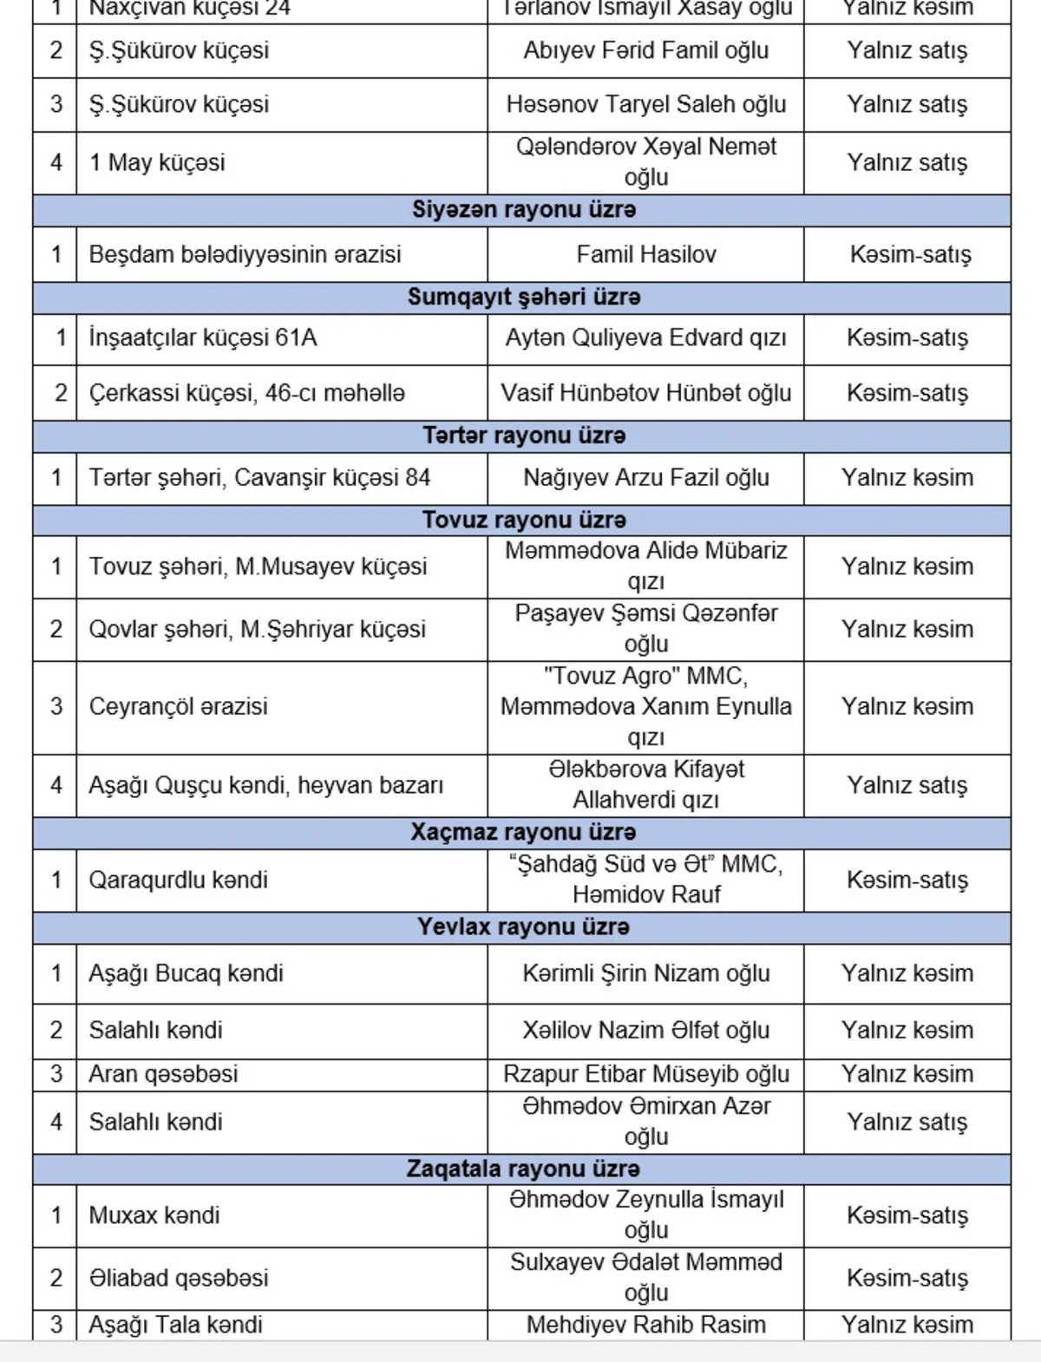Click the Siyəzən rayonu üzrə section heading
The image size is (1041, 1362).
(523, 210)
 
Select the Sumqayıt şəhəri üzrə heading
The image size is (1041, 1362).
(523, 297)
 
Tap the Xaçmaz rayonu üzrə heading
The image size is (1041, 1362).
(523, 832)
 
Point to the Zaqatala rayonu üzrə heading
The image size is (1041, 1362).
(523, 1169)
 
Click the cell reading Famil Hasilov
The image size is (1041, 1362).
(646, 254)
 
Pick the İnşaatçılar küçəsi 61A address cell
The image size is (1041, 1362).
(203, 337)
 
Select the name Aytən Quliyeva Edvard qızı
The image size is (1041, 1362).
(646, 337)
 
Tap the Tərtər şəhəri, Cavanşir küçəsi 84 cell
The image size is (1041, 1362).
(259, 477)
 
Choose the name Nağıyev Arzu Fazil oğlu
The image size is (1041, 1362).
(646, 477)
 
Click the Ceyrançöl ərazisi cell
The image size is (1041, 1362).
(178, 706)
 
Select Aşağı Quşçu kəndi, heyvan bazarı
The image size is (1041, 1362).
(265, 785)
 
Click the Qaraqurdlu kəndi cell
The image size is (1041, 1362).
(178, 880)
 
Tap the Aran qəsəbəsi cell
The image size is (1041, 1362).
(163, 1074)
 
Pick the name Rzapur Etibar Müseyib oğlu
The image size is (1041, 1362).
(646, 1074)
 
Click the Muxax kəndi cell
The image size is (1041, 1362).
(154, 1215)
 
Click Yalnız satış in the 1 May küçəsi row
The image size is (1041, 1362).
(907, 162)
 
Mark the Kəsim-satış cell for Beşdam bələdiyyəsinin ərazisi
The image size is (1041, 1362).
(910, 254)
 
